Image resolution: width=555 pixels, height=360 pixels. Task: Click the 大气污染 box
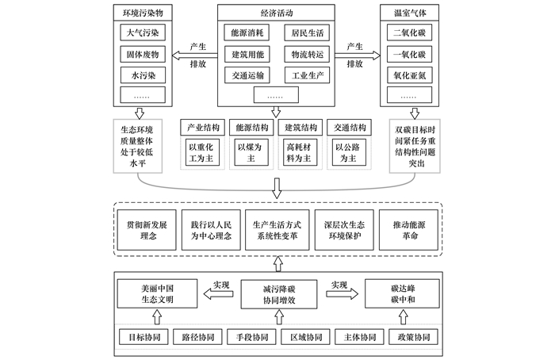click(143, 33)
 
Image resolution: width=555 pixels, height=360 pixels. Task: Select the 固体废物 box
click(143, 54)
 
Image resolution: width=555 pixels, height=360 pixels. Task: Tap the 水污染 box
click(143, 75)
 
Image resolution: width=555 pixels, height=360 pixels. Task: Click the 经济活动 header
click(276, 13)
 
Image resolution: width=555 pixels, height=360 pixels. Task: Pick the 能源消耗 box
click(247, 33)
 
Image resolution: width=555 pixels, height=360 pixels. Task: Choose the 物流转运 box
click(307, 54)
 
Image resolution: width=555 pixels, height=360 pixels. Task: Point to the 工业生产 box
click(308, 75)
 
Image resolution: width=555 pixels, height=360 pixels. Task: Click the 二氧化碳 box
click(409, 33)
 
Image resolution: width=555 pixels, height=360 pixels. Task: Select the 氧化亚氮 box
click(410, 75)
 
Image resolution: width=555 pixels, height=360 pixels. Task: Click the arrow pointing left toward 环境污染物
click(195, 56)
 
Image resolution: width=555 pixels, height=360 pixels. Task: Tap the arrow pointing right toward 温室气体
click(358, 56)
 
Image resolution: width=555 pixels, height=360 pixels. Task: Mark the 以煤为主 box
click(251, 152)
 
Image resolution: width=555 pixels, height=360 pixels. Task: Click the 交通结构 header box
click(349, 128)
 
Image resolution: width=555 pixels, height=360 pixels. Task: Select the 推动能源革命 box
click(408, 230)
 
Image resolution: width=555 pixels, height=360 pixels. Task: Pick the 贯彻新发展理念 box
click(147, 230)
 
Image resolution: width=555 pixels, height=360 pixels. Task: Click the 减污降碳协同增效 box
click(279, 294)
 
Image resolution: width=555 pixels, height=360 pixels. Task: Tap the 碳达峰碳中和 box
click(402, 293)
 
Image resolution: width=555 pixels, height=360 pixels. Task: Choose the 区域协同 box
click(306, 337)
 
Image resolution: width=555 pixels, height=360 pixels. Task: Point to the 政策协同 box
click(413, 337)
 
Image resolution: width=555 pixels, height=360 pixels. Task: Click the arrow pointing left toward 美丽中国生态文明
click(218, 294)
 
